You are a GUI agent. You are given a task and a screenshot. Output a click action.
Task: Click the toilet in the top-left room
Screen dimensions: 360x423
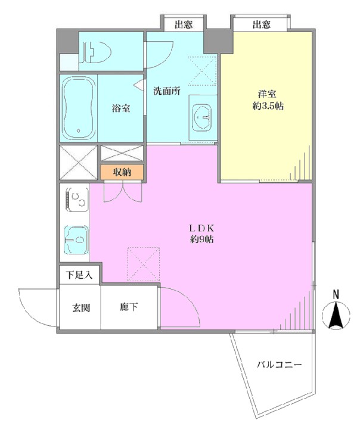[97, 52]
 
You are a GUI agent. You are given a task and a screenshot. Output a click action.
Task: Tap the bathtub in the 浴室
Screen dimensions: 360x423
[79, 108]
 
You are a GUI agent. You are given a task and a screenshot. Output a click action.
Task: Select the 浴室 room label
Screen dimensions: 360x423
[121, 108]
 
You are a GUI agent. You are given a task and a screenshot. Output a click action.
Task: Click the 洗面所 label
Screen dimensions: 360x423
[166, 91]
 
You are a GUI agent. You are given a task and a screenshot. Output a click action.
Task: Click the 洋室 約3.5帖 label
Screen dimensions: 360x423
[268, 100]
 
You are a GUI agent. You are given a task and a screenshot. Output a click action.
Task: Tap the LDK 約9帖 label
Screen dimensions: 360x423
[201, 234]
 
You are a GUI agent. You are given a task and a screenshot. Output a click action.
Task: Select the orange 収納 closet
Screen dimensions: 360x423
[122, 172]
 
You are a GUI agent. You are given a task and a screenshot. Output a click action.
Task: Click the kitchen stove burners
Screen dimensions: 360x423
[77, 200]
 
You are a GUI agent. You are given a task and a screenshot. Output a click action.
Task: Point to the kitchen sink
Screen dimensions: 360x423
[76, 240]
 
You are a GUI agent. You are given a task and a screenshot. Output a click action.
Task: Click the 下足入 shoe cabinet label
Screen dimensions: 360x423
[79, 275]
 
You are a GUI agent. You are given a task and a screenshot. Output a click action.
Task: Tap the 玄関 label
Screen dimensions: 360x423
[80, 307]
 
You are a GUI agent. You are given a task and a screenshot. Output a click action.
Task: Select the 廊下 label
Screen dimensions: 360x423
[129, 307]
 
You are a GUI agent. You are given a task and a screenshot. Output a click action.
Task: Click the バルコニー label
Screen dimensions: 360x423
[279, 365]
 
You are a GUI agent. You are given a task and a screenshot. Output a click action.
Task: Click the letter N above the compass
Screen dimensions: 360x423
[336, 294]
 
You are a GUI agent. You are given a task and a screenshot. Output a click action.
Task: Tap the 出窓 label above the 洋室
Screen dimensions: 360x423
[261, 25]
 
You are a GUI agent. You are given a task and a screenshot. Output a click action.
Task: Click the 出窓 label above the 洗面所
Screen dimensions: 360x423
[184, 25]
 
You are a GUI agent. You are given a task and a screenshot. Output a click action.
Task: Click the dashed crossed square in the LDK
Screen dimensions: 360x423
[143, 264]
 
